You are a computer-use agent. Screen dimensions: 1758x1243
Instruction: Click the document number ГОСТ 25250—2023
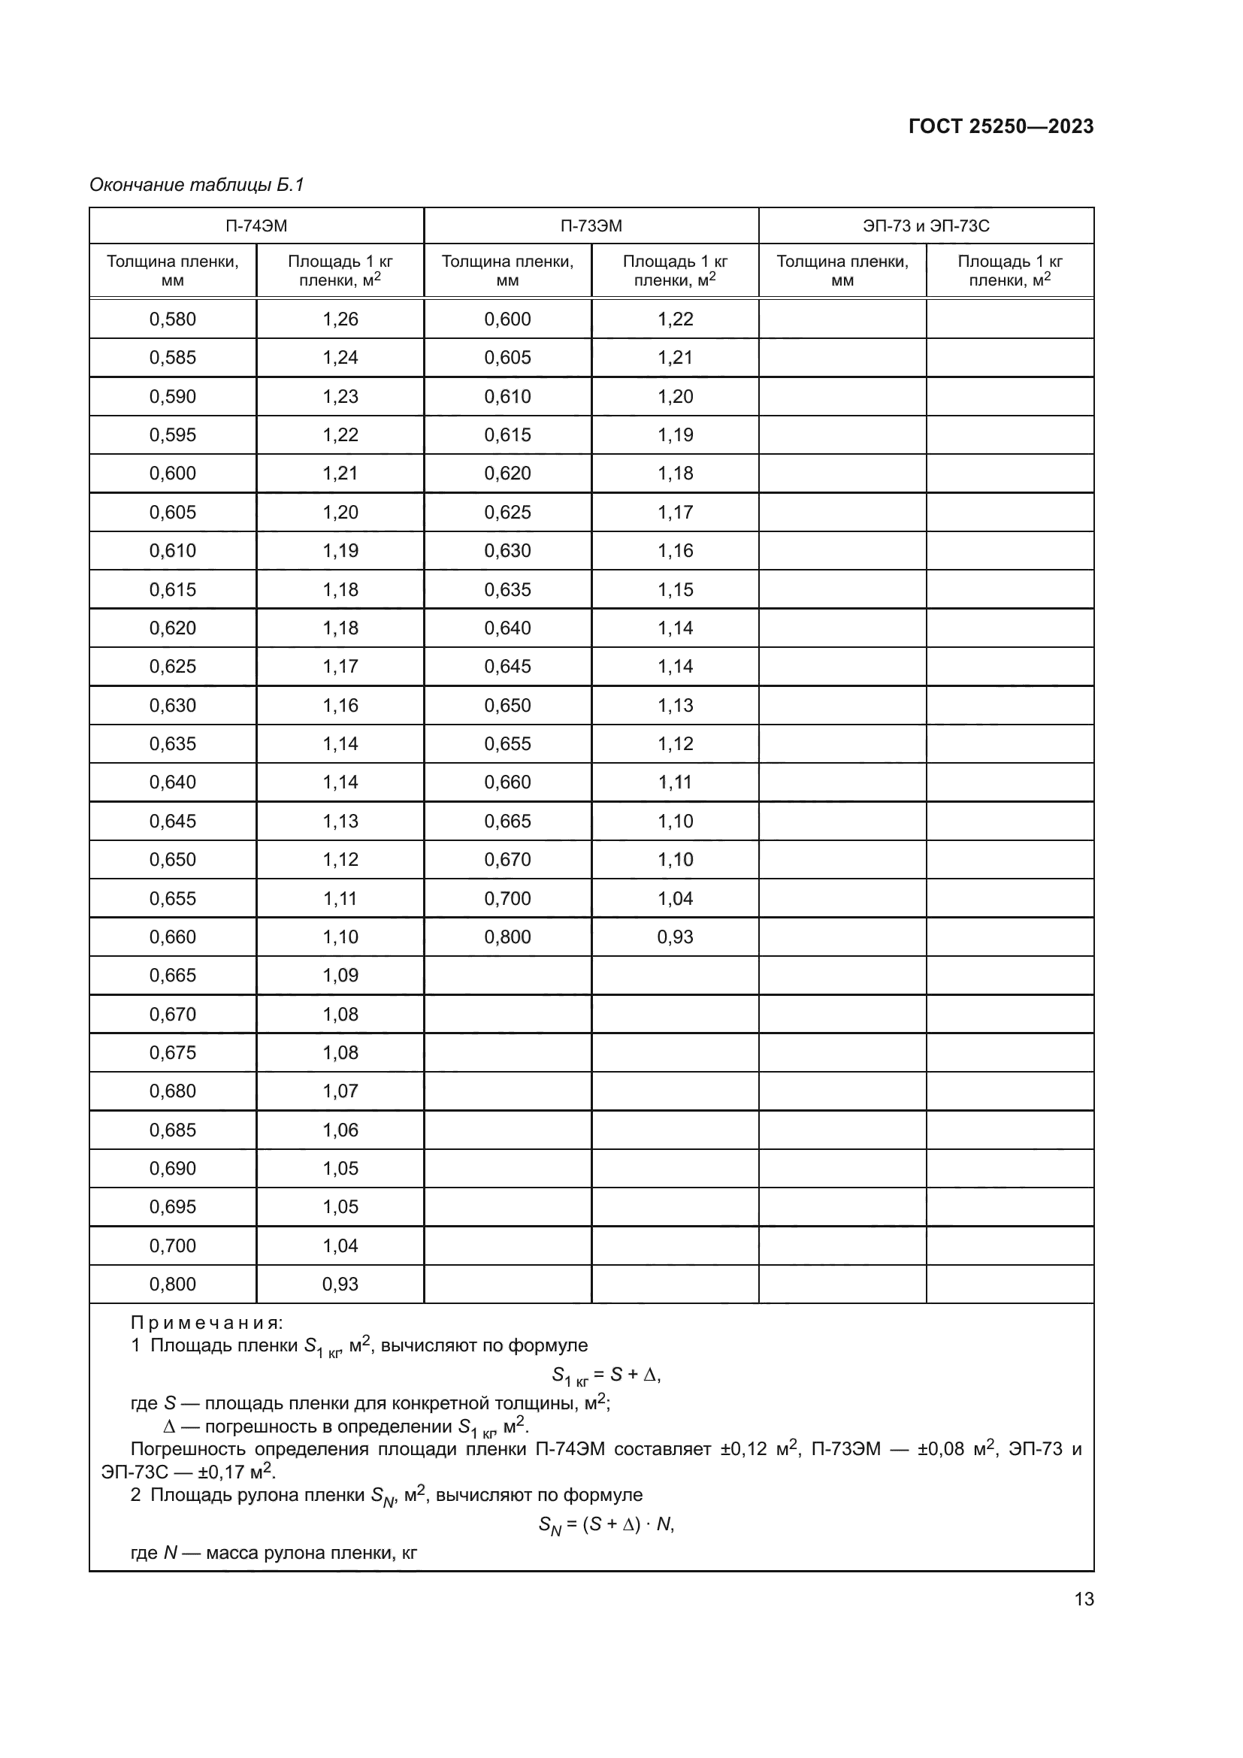coord(1000,126)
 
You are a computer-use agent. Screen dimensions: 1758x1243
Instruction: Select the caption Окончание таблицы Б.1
coord(197,185)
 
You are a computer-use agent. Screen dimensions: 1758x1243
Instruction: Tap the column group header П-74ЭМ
coord(256,226)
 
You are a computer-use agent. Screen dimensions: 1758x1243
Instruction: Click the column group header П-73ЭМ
coord(591,226)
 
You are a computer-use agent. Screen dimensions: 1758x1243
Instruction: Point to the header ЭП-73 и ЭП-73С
coord(925,226)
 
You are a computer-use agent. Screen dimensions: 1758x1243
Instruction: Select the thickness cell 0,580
coord(172,319)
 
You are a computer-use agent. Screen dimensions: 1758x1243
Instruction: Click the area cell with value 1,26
coord(340,319)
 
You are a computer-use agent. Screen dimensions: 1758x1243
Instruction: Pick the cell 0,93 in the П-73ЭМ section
coord(674,936)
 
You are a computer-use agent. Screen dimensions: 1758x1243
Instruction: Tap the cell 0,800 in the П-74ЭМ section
coord(172,1284)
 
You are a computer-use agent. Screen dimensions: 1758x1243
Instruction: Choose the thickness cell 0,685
coord(172,1130)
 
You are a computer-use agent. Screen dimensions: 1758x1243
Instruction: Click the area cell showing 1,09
coord(340,975)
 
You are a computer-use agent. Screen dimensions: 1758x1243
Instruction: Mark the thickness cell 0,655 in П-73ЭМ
coord(507,743)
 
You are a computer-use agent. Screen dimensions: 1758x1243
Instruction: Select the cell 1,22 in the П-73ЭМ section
coord(674,319)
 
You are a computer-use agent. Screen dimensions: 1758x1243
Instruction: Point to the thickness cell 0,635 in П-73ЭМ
coord(507,589)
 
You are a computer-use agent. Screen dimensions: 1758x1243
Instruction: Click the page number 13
coord(1084,1599)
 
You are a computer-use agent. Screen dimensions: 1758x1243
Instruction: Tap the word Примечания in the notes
coord(207,1322)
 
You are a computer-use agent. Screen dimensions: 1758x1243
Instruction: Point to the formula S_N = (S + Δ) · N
coord(606,1524)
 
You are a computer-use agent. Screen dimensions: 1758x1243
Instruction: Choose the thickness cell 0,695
coord(172,1207)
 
